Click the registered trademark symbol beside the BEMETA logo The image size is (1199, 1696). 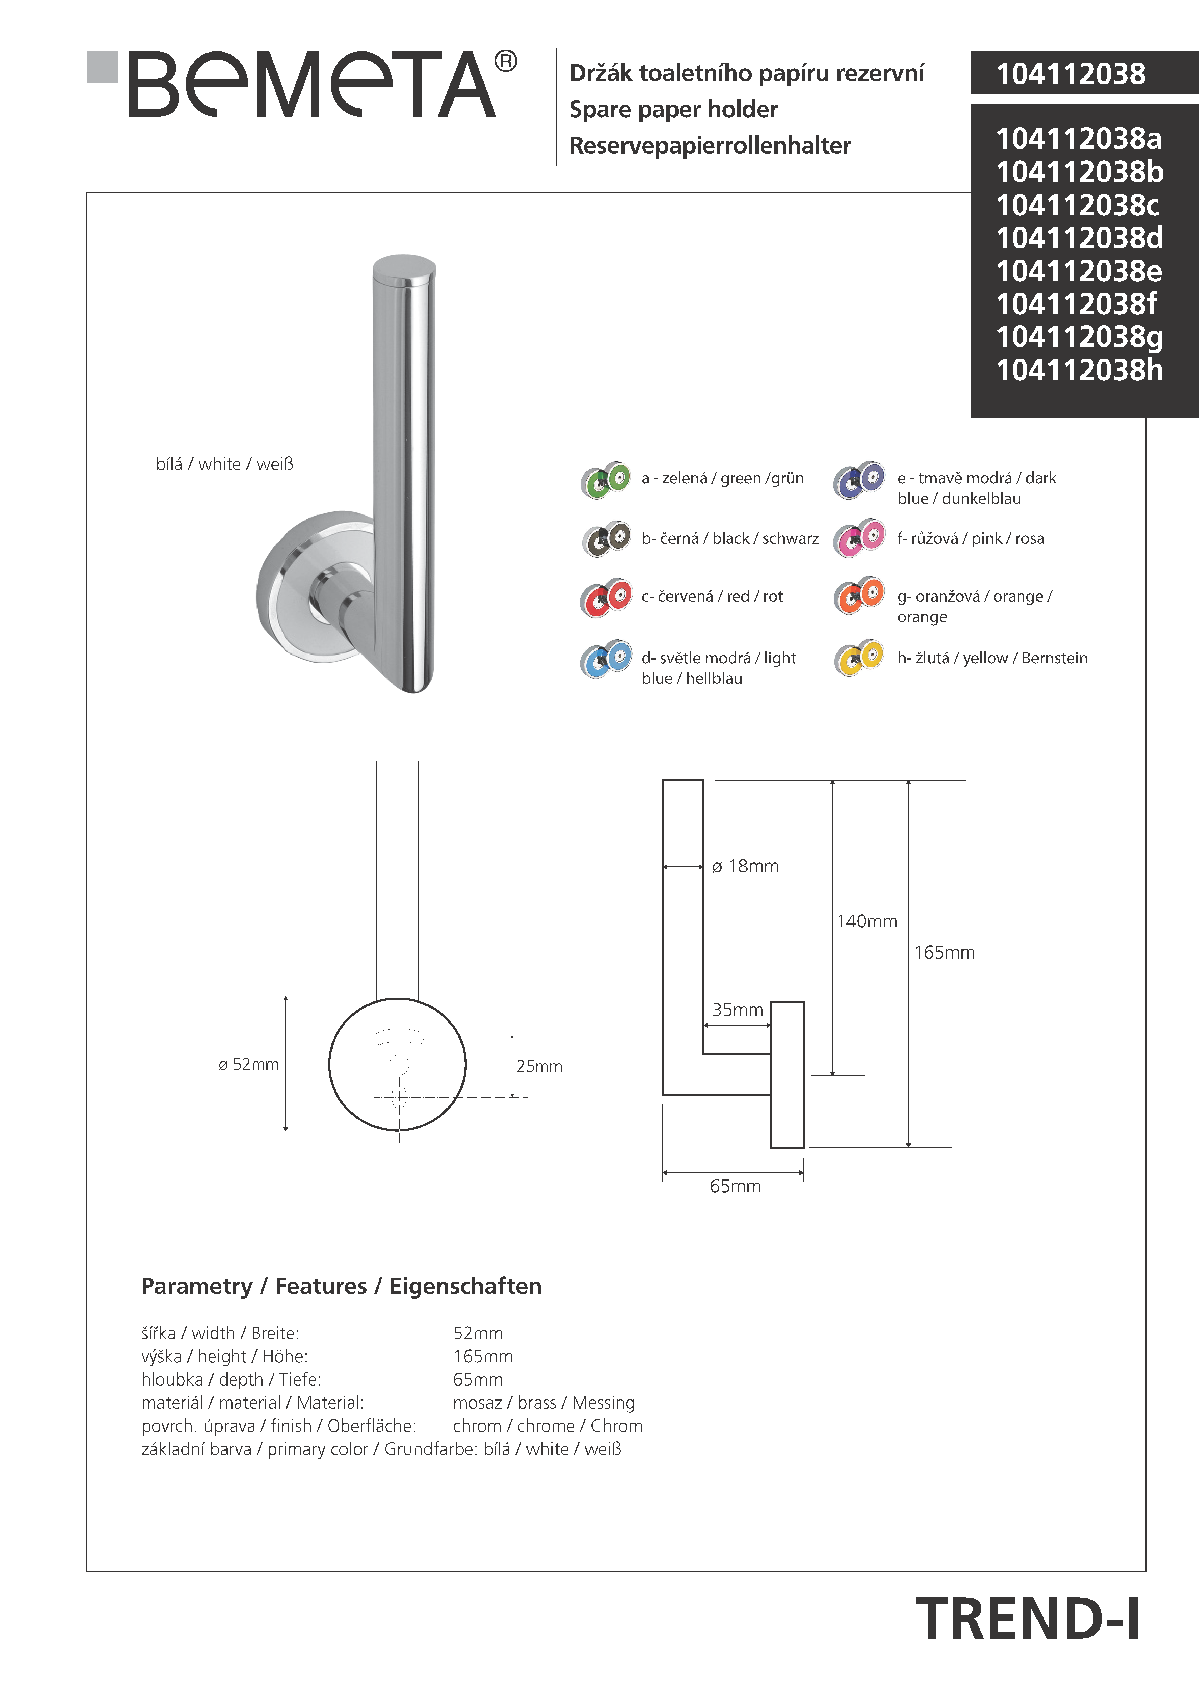(x=505, y=61)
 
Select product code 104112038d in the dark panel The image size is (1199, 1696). (x=1079, y=238)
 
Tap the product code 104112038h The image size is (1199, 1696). (x=1079, y=370)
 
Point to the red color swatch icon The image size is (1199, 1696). (x=606, y=598)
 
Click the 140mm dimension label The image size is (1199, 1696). (x=866, y=921)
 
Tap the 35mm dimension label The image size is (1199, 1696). (x=737, y=1010)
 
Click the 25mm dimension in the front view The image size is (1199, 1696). (x=539, y=1066)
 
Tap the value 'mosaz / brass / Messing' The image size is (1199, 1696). (x=544, y=1403)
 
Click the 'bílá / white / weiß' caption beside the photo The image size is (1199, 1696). (x=225, y=464)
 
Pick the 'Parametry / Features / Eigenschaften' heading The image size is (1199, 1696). (x=341, y=1286)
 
